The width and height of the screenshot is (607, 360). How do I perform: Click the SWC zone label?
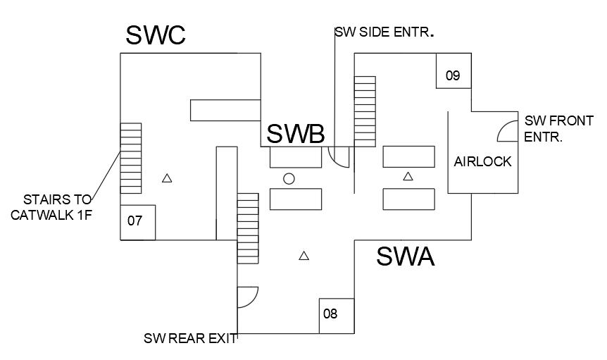(x=156, y=35)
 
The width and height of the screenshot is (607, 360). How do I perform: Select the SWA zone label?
(x=405, y=256)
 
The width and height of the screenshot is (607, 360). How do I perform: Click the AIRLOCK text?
(x=482, y=161)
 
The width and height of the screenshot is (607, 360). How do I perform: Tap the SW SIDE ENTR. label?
(x=383, y=32)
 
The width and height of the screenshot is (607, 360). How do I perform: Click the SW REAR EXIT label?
(x=190, y=338)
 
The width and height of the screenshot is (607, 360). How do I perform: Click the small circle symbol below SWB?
(x=289, y=179)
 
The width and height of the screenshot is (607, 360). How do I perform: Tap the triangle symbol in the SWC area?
(x=167, y=178)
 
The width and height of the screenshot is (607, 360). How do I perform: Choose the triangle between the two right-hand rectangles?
(x=408, y=176)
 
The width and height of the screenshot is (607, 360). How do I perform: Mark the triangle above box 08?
(x=304, y=256)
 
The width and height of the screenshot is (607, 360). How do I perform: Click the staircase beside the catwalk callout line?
(x=131, y=159)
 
